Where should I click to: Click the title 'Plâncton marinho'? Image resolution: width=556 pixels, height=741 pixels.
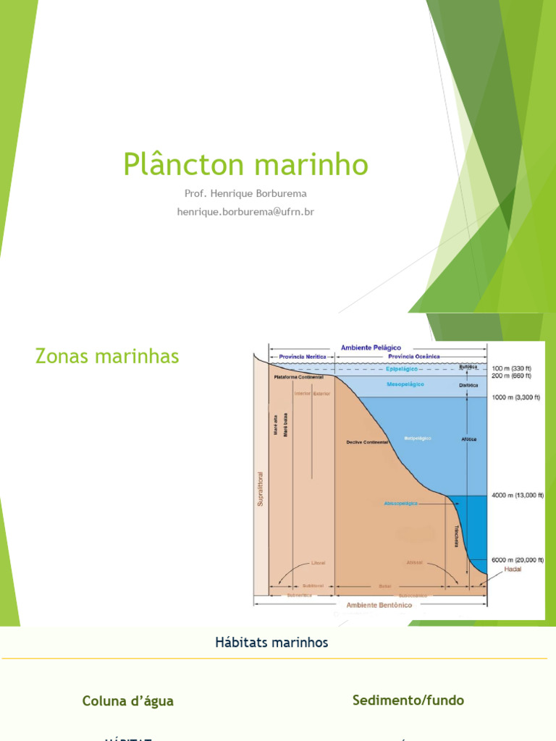click(x=245, y=164)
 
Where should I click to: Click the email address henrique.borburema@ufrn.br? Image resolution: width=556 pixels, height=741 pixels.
click(x=245, y=211)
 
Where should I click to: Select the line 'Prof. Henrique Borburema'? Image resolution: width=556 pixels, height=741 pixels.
click(x=245, y=194)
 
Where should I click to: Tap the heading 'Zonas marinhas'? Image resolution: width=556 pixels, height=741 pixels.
click(x=107, y=356)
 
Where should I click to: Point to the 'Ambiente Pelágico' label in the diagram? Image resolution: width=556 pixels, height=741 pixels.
click(x=371, y=347)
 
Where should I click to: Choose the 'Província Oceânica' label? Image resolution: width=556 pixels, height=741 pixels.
click(x=413, y=357)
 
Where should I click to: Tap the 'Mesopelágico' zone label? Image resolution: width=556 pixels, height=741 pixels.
click(x=405, y=384)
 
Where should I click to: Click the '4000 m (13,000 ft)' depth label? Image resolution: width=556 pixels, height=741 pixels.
click(x=517, y=495)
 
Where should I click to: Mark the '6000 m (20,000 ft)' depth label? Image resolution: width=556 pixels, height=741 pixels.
click(x=517, y=560)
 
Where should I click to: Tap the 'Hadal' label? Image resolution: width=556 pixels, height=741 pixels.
click(x=513, y=569)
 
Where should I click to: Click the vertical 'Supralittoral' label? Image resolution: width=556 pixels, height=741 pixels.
click(x=261, y=489)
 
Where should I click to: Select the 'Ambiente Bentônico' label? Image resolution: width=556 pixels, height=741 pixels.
click(x=379, y=605)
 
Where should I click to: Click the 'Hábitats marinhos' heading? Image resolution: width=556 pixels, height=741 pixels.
click(x=271, y=643)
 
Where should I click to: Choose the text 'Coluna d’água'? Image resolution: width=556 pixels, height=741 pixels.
click(x=128, y=701)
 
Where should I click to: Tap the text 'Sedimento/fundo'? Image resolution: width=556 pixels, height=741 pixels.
click(x=408, y=700)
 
